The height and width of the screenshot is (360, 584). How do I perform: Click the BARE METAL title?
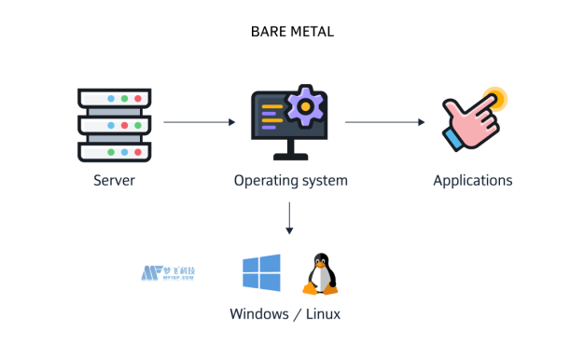coord(292,32)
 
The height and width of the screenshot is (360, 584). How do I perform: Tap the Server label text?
coord(114,180)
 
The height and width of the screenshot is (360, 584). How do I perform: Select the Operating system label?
coord(291,180)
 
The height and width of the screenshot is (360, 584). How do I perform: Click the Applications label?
coord(472,180)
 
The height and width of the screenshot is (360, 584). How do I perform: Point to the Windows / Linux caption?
coord(285,314)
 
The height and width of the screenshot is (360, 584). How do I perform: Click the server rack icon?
coord(114,123)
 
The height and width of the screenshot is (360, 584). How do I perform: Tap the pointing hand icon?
coord(472,119)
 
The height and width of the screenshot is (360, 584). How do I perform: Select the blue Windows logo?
coord(261,272)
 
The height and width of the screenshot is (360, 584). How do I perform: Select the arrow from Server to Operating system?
coord(198,122)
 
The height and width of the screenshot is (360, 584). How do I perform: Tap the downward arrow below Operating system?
coord(290,217)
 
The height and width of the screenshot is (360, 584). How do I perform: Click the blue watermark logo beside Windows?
coord(169,273)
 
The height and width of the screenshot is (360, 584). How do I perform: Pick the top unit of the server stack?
coord(114,98)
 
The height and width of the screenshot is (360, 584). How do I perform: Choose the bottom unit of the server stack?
coord(114,150)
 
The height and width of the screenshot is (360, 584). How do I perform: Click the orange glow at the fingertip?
coord(494,98)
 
